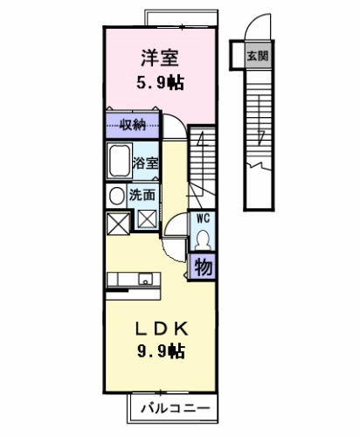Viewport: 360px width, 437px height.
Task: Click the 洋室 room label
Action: tap(160, 59)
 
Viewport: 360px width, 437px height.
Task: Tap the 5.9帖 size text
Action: tap(160, 83)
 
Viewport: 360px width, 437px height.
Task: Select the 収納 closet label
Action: tap(133, 125)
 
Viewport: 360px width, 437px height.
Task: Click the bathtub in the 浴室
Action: tap(120, 160)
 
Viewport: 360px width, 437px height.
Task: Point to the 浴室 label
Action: tap(146, 163)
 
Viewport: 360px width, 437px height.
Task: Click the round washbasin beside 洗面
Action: tap(116, 196)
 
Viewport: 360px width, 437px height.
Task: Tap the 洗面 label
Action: tap(142, 195)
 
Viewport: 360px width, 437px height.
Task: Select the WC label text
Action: tap(203, 218)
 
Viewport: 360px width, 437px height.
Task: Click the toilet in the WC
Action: tap(203, 239)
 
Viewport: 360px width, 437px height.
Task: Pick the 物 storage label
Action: tap(203, 267)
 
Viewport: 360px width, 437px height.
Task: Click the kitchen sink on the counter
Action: tap(145, 280)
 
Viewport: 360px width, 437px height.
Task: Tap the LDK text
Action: tap(161, 329)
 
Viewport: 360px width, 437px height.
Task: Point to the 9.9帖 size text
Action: tap(161, 350)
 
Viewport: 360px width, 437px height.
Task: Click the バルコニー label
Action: tap(176, 408)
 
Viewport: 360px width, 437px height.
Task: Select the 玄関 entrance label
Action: tap(258, 55)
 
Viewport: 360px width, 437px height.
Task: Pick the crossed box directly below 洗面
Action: tap(147, 219)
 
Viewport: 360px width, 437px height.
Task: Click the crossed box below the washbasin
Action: tap(118, 224)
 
